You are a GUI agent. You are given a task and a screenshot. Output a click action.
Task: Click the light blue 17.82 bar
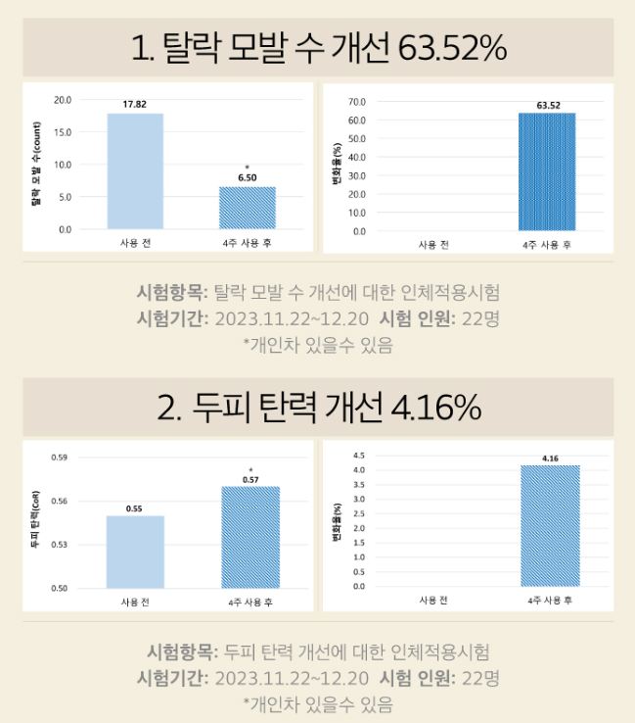coord(135,171)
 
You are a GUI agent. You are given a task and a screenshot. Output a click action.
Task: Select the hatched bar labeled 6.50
coord(248,208)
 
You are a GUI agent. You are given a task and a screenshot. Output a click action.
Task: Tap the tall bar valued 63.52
coord(547,172)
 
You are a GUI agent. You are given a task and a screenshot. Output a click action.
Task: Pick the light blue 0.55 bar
coord(135,552)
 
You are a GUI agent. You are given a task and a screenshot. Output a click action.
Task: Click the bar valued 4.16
coord(549,526)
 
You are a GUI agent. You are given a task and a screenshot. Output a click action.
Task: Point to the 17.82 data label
coord(135,105)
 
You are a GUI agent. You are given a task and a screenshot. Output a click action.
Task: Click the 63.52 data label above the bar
coord(547,104)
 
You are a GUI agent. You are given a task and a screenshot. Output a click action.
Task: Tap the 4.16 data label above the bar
coord(549,458)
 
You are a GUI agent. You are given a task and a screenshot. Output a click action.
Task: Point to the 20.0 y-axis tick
coord(63,100)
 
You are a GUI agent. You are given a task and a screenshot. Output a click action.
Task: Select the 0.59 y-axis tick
coord(60,458)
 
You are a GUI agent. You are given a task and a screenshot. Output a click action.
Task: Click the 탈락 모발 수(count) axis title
coord(36,165)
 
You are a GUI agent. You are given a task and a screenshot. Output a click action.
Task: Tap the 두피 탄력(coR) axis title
coord(35,523)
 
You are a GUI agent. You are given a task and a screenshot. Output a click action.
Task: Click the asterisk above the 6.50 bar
coord(247,167)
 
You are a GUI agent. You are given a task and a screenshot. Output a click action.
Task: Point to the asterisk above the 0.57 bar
coord(250,469)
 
